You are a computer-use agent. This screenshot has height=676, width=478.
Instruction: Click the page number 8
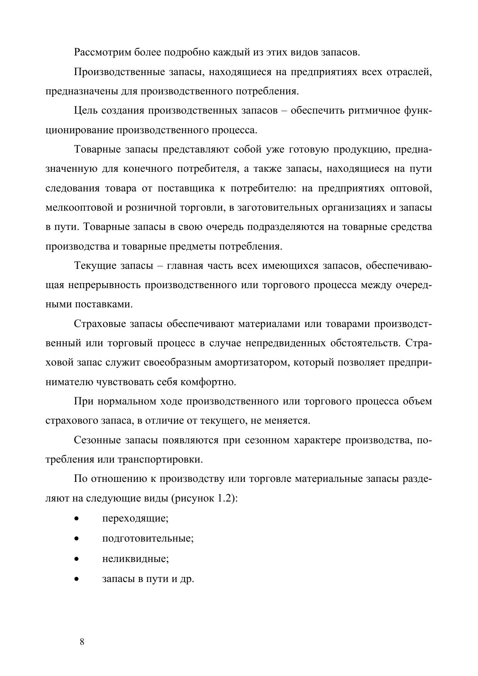click(82, 642)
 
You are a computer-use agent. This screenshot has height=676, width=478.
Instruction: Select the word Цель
click(85, 111)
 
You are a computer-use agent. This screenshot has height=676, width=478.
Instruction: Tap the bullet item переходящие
click(135, 518)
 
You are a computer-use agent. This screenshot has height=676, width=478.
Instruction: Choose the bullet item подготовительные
click(148, 538)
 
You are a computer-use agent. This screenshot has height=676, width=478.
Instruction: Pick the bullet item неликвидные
click(135, 558)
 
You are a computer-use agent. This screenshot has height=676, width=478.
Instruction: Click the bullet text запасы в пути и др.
click(148, 578)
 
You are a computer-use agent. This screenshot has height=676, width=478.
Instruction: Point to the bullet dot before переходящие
click(77, 519)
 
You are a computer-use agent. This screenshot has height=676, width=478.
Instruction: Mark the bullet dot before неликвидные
click(77, 559)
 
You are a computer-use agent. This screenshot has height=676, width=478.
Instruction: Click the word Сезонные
click(97, 440)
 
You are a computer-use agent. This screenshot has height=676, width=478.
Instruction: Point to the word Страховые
click(99, 324)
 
